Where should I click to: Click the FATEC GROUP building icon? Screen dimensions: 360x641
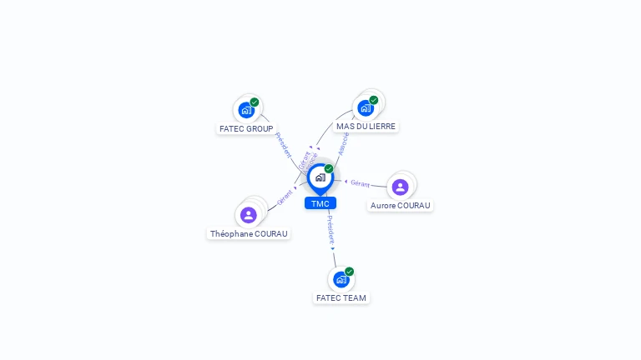click(246, 109)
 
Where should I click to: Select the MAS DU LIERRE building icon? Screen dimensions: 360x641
click(366, 107)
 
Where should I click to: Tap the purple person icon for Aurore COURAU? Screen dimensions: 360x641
click(400, 187)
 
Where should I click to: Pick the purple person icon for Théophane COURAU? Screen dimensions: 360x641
click(248, 215)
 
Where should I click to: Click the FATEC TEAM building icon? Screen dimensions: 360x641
click(341, 279)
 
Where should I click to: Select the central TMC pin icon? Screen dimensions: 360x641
click(320, 177)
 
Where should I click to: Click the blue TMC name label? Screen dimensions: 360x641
click(320, 203)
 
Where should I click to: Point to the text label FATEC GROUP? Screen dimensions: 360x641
click(246, 129)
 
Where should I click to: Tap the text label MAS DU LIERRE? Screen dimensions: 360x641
click(366, 127)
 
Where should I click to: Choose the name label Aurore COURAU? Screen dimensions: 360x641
click(401, 206)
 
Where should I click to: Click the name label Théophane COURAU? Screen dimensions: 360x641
click(249, 234)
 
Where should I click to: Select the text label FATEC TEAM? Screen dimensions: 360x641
click(341, 297)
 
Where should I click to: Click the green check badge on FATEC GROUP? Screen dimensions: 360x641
click(255, 102)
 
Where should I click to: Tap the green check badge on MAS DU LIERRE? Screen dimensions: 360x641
click(374, 100)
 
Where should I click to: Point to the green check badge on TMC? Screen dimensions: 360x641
click(329, 169)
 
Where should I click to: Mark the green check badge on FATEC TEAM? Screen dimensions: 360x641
click(349, 272)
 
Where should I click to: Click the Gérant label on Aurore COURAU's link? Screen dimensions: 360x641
click(361, 182)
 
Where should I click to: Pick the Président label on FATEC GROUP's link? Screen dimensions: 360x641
click(283, 145)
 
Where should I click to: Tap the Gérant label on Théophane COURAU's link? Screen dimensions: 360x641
click(285, 197)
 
